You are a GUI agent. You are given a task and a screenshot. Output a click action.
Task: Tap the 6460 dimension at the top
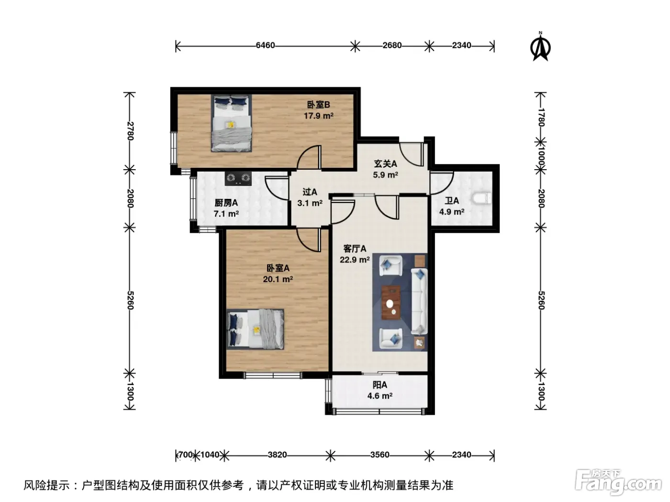[x=265, y=45]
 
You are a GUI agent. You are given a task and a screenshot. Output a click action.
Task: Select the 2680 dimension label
[x=391, y=45]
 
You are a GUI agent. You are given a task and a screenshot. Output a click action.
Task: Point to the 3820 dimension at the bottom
[x=277, y=455]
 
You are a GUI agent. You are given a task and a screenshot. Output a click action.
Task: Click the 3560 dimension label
[x=380, y=455]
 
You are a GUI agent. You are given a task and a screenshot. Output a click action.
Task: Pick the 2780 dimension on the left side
[x=130, y=131]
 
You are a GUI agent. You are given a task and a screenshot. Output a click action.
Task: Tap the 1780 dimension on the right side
[x=541, y=117]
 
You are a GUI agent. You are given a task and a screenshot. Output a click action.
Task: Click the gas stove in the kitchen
[x=238, y=178]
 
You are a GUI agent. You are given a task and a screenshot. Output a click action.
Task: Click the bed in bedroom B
[x=231, y=123]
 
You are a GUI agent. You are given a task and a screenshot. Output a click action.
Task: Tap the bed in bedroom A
[x=256, y=329]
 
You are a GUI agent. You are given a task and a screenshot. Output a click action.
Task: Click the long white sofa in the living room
[x=419, y=301]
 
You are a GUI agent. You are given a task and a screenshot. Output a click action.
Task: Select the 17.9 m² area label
[x=318, y=116]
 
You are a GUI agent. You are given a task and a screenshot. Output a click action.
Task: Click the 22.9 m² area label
[x=355, y=260]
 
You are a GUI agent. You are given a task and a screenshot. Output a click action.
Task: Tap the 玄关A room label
[x=385, y=164]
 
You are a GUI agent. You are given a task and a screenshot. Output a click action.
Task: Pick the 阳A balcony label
[x=380, y=385]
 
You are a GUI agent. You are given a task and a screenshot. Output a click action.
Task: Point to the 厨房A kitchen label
[x=226, y=203]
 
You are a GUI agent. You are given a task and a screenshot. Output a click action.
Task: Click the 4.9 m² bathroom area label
[x=452, y=211]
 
